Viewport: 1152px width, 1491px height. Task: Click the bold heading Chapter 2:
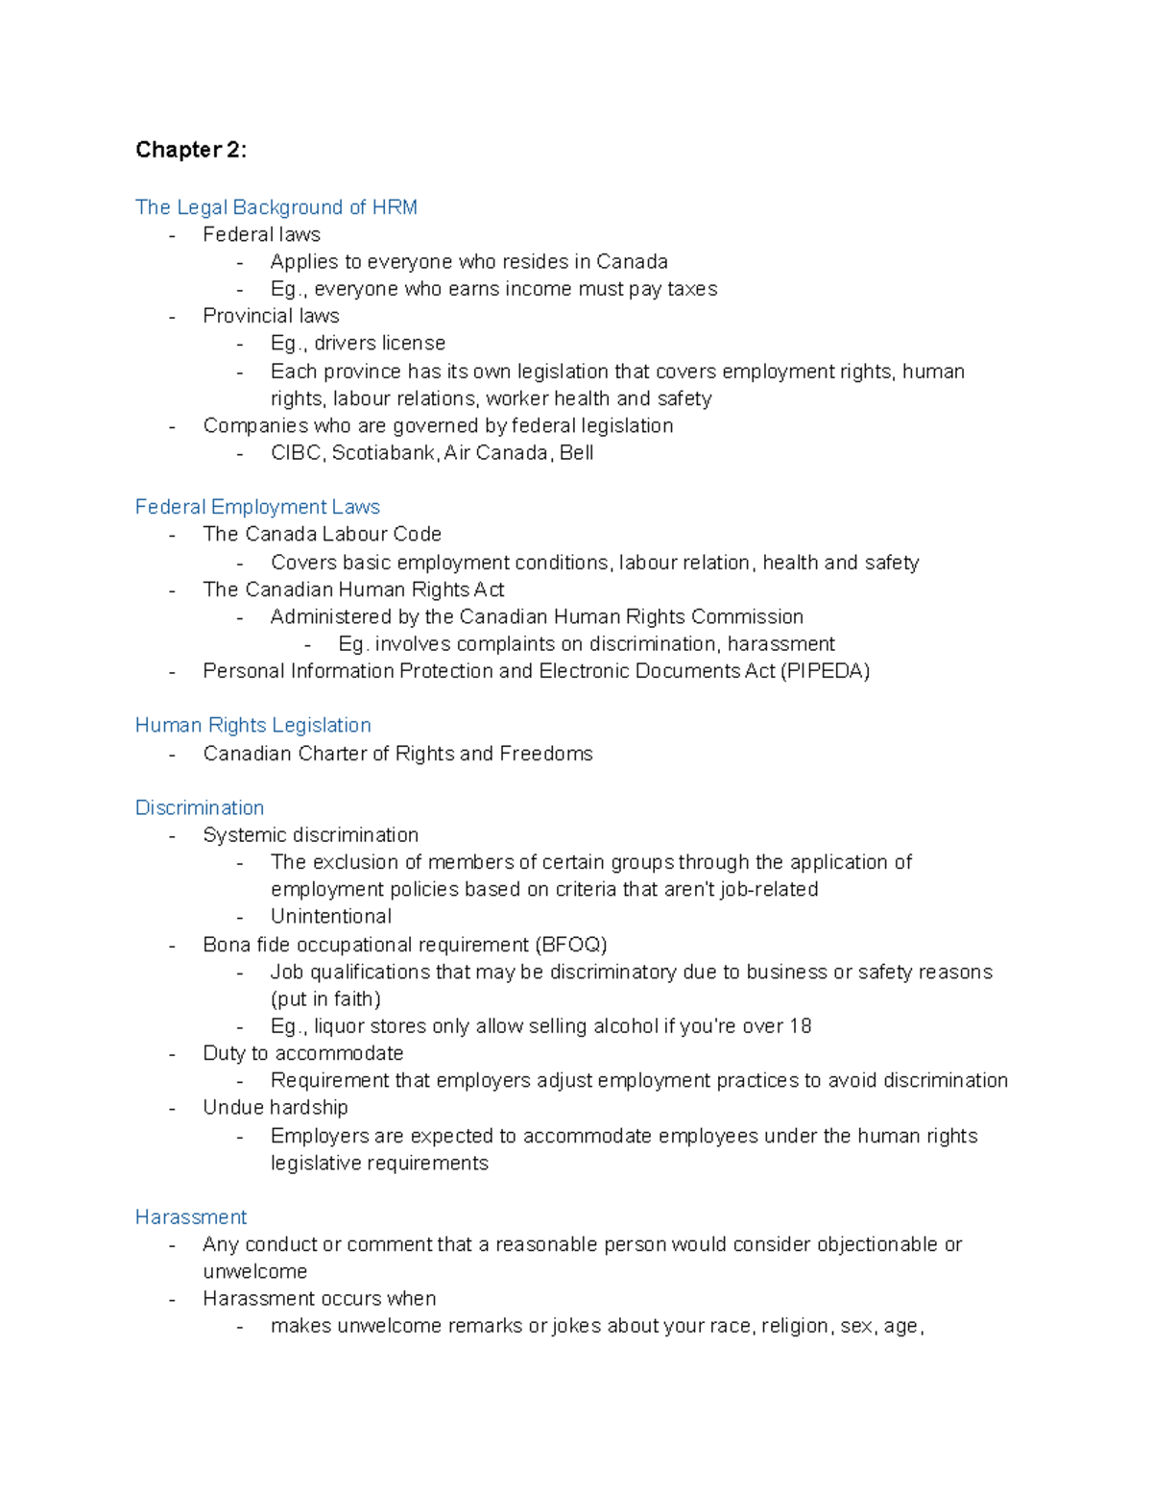point(190,150)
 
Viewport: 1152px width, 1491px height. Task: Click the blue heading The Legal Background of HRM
point(276,207)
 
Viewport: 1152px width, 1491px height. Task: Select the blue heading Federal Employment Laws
point(257,507)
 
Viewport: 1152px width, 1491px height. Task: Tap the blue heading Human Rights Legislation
point(252,725)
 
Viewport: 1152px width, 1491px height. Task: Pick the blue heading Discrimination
point(199,807)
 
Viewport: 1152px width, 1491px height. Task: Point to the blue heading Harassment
point(190,1217)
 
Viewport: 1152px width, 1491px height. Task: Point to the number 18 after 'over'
point(801,1026)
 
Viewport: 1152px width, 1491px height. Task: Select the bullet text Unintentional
point(330,917)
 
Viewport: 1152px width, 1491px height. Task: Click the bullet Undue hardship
point(275,1108)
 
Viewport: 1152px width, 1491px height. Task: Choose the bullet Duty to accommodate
point(302,1053)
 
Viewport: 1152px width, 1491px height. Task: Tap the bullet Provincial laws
point(271,316)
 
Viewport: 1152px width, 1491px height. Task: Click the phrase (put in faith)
point(325,999)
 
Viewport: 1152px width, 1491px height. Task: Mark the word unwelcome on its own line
point(254,1272)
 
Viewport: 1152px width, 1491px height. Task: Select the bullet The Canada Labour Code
point(322,534)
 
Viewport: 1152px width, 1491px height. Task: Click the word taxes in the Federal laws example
point(692,289)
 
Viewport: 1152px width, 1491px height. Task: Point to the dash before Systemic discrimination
point(173,836)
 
